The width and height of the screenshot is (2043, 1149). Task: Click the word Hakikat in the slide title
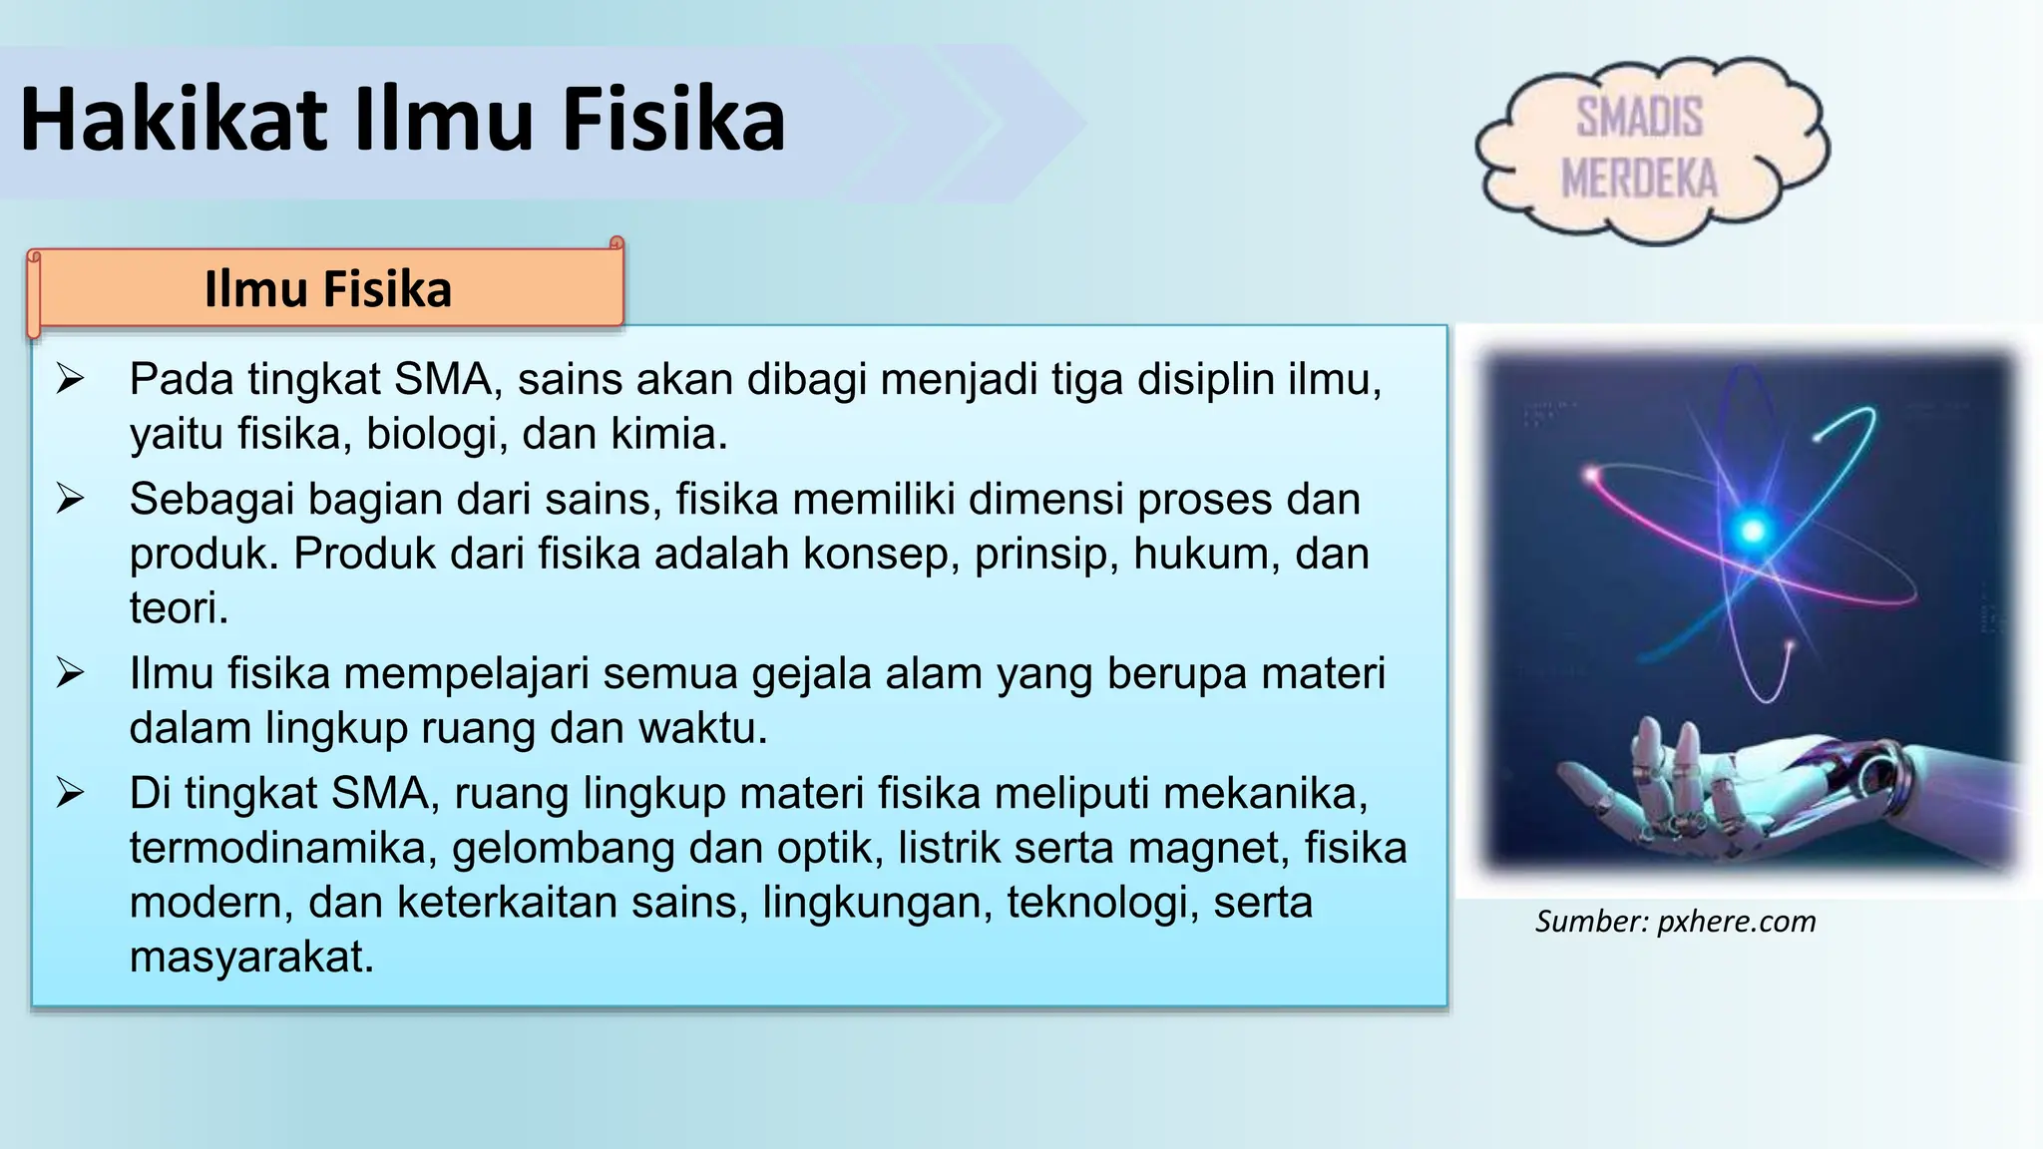point(174,120)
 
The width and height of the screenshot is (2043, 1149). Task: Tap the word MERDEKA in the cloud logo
point(1639,180)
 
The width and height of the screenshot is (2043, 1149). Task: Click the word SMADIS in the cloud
point(1639,118)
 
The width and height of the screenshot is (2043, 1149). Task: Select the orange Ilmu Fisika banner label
point(327,289)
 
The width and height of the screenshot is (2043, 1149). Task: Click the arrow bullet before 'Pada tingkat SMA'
point(70,379)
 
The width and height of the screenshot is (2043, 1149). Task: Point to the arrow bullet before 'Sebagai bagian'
point(70,499)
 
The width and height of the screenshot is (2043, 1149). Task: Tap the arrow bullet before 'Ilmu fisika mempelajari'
point(70,673)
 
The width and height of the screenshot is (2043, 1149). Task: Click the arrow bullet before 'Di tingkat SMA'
point(70,793)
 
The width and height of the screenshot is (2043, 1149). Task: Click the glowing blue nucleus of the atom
point(1752,530)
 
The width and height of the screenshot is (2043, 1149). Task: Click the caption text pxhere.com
point(1737,922)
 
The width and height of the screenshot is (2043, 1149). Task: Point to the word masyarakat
point(250,957)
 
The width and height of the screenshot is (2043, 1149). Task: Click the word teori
point(178,608)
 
